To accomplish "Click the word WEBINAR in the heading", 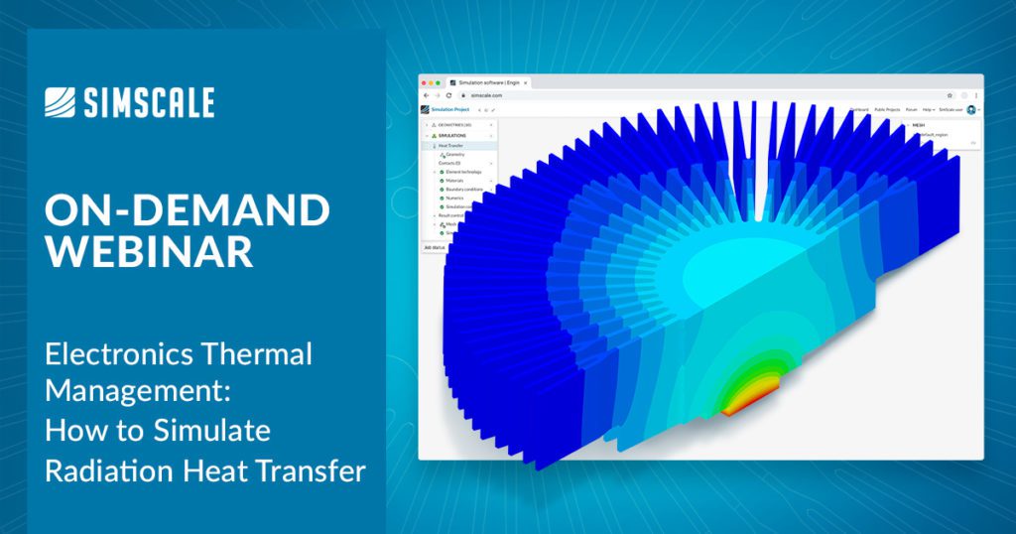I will coord(149,251).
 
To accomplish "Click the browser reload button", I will coord(448,95).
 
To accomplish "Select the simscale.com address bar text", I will coord(486,95).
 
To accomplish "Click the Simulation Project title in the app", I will coord(449,109).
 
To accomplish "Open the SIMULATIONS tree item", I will coord(452,135).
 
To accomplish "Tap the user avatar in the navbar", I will coord(971,109).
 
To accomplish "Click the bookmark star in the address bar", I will coord(950,95).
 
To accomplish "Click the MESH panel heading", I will coord(918,124).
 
